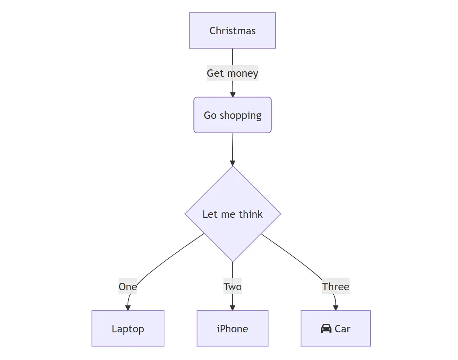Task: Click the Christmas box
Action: coord(232,30)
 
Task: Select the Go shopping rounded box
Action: coord(232,115)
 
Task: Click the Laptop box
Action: coord(128,328)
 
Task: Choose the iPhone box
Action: coord(232,328)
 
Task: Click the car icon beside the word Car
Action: coord(326,329)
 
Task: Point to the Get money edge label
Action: coord(232,73)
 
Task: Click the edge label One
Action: coord(127,287)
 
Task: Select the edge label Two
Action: coord(232,287)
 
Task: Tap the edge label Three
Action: coord(336,287)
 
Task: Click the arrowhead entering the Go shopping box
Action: coord(233,94)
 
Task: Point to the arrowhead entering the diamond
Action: coord(233,163)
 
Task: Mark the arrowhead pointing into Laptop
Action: coord(128,308)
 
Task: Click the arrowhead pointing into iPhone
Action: coord(232,308)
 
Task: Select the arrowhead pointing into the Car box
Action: coord(336,308)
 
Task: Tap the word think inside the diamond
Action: coord(251,214)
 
